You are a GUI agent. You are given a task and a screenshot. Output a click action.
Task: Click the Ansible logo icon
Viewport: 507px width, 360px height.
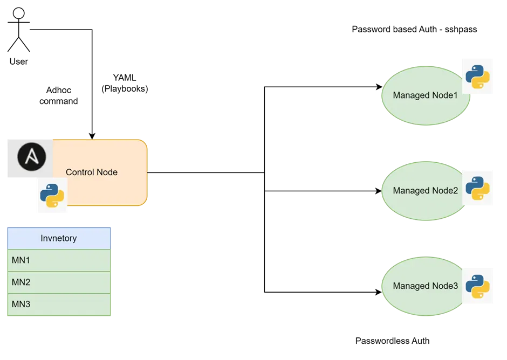point(31,157)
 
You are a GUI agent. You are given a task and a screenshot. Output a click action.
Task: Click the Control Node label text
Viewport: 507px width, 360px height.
point(92,172)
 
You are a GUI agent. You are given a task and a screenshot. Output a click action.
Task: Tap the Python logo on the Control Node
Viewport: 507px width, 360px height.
point(52,196)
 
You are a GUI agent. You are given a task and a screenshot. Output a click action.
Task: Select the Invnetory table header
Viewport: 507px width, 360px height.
point(59,238)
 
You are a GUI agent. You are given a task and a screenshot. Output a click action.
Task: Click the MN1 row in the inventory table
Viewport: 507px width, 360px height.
point(59,260)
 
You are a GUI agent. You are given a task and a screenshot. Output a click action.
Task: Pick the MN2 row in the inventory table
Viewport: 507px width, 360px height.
point(59,282)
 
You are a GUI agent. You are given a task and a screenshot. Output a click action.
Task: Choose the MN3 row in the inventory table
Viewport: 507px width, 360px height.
point(59,304)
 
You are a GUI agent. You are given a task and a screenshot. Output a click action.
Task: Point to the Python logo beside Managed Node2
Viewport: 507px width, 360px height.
point(477,188)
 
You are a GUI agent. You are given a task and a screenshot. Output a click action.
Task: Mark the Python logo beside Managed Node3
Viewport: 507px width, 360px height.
point(477,286)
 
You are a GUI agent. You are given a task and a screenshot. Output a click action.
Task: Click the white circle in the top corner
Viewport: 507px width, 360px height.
point(19,13)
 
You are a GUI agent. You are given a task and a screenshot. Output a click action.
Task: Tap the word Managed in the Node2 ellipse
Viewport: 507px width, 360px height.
point(411,191)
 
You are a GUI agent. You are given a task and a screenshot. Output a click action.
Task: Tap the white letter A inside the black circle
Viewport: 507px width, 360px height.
point(31,157)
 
